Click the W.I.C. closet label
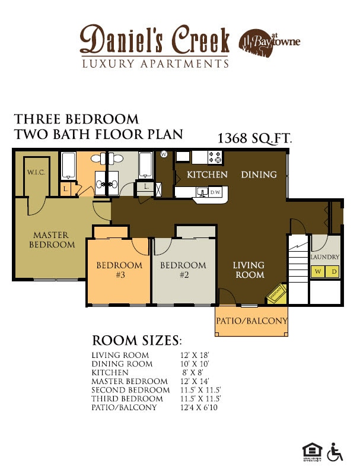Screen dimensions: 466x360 pyautogui.click(x=33, y=172)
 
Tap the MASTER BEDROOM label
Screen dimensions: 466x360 pyautogui.click(x=53, y=240)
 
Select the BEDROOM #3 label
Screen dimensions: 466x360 pyautogui.click(x=120, y=270)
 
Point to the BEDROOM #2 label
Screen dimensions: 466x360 pyautogui.click(x=183, y=270)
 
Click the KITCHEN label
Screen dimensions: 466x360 pyautogui.click(x=207, y=175)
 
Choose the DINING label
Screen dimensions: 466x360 pyautogui.click(x=259, y=175)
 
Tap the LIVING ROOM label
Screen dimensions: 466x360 pyautogui.click(x=249, y=270)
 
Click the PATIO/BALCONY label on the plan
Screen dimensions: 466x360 pyautogui.click(x=251, y=321)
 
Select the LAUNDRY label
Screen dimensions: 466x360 pyautogui.click(x=325, y=257)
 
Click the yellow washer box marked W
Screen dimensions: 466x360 pyautogui.click(x=318, y=272)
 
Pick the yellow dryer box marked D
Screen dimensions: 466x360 pyautogui.click(x=333, y=272)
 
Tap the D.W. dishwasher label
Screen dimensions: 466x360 pyautogui.click(x=216, y=192)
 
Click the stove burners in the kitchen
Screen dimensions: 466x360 pyautogui.click(x=215, y=157)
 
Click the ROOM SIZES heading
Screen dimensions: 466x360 pyautogui.click(x=136, y=341)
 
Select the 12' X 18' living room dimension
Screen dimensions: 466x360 pyautogui.click(x=195, y=355)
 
